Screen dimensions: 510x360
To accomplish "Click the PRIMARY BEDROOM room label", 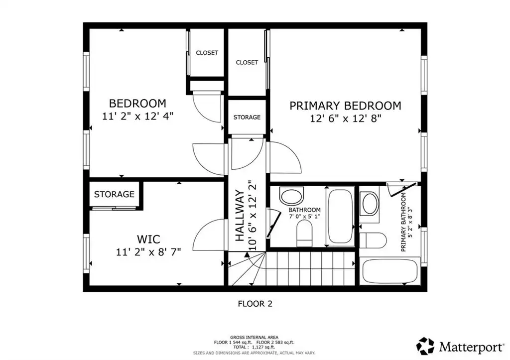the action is [x=345, y=106].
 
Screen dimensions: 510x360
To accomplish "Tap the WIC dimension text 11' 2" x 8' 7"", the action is [x=148, y=252].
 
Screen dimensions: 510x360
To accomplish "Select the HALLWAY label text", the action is [x=240, y=216].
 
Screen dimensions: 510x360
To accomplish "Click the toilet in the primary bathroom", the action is [x=373, y=240].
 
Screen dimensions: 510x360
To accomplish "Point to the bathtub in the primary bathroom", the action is [x=389, y=271].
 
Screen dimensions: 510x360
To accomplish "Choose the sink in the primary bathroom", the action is [x=370, y=204].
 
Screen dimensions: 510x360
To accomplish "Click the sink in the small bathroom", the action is [x=292, y=196].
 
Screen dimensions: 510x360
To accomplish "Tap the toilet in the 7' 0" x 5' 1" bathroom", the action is [x=304, y=233].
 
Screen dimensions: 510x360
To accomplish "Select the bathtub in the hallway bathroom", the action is [x=340, y=216].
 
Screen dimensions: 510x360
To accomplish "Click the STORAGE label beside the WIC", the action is [x=114, y=195].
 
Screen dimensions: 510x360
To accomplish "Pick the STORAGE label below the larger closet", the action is [x=247, y=117].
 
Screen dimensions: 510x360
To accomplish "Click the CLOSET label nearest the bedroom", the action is [x=207, y=53].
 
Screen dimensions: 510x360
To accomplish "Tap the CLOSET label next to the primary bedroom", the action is [x=247, y=62].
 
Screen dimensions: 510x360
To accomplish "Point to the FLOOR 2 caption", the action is [x=255, y=304].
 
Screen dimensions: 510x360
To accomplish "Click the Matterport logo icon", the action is [x=425, y=346].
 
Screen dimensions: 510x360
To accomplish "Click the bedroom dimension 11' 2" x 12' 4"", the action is [x=137, y=116].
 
